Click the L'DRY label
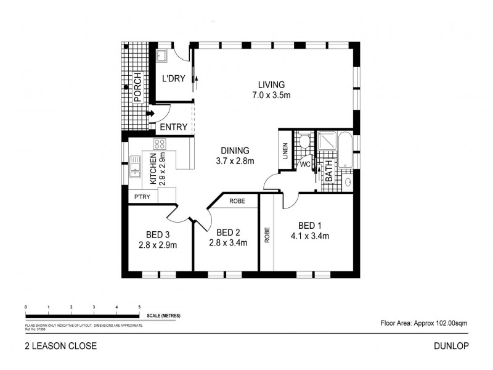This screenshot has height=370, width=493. pos(173,79)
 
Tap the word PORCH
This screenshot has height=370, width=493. pos(137,88)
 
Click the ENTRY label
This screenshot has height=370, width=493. pos(173,128)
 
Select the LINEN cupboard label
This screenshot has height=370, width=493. pos(285,151)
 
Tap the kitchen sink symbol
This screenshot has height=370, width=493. pos(135,166)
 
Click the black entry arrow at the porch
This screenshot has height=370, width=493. pos(150,113)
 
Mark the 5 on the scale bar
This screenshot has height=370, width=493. pos(140,306)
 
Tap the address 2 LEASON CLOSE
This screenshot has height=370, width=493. pos(60,347)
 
